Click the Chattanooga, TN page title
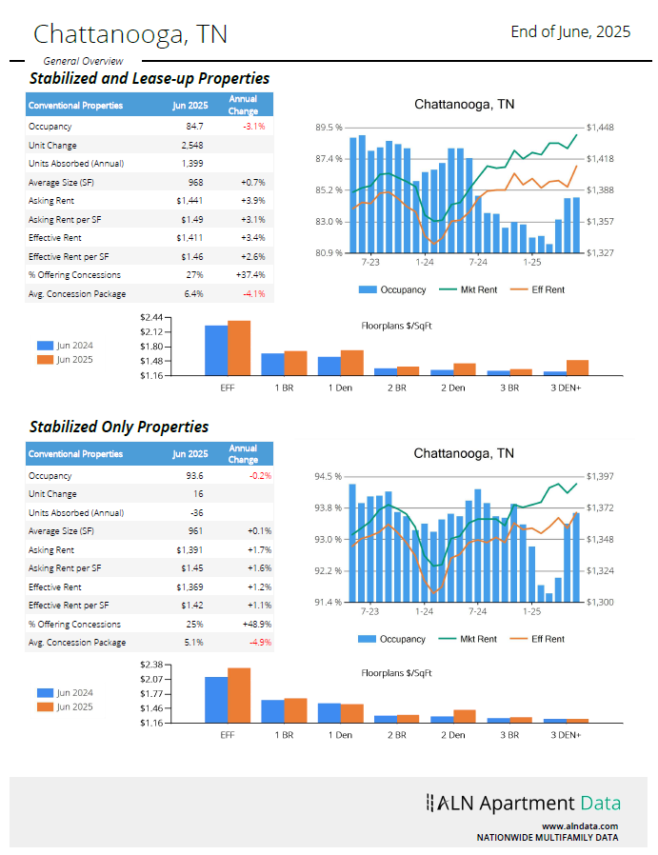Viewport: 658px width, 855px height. pos(130,34)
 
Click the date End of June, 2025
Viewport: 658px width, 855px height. pos(570,31)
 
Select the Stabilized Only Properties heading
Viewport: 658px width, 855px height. pos(119,427)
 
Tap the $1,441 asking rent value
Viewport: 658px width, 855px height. pos(190,200)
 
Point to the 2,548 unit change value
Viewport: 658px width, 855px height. pos(191,145)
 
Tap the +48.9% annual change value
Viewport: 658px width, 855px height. pos(253,625)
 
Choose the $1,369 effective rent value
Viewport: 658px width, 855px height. pos(190,587)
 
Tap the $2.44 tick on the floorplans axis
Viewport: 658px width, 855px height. pos(151,317)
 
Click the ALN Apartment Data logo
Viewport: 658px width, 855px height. pos(524,804)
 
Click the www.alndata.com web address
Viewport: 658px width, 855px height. pos(580,826)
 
